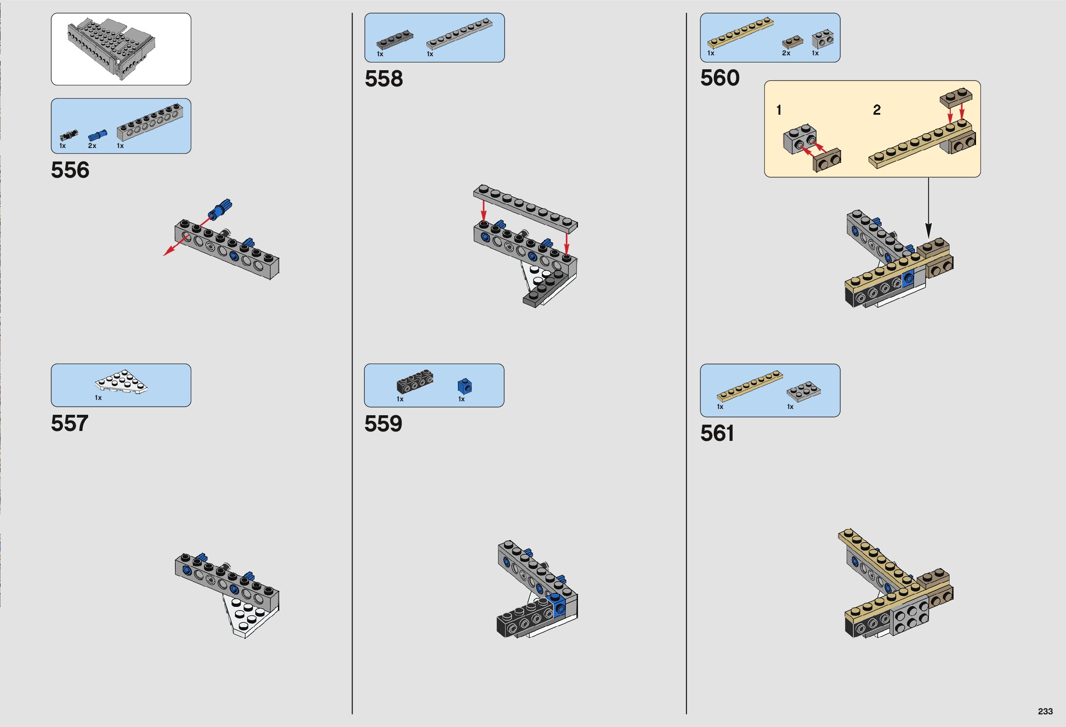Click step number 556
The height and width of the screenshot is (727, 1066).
[x=70, y=170]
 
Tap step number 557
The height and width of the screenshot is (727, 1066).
[x=69, y=423]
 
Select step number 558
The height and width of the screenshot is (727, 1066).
[x=384, y=79]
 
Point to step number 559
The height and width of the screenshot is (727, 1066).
[x=383, y=424]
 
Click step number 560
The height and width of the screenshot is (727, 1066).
[x=720, y=78]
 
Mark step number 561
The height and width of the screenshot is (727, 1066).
[x=717, y=433]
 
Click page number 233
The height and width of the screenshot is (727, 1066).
[x=1045, y=711]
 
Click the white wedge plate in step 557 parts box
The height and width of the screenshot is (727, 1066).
[x=121, y=381]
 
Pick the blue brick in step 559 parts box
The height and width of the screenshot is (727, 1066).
[x=465, y=386]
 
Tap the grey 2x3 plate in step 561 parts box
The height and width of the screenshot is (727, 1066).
[x=804, y=391]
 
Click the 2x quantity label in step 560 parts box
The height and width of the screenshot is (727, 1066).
[x=786, y=53]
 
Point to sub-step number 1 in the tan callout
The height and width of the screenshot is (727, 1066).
[x=779, y=110]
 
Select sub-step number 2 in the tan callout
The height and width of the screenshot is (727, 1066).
[x=877, y=110]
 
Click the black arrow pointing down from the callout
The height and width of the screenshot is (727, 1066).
[x=928, y=206]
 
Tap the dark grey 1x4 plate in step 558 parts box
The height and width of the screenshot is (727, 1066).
[x=394, y=40]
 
